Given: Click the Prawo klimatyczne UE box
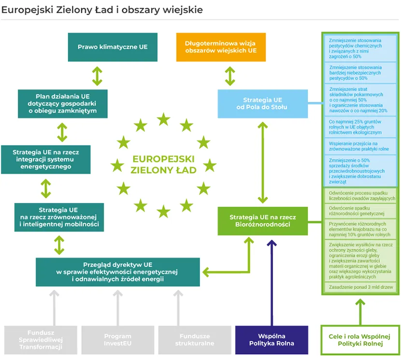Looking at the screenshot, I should click(113, 47).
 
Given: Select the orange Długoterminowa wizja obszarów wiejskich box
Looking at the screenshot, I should click(221, 47).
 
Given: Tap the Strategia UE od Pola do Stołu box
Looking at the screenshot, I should click(262, 103).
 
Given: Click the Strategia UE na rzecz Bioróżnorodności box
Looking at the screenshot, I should click(262, 221).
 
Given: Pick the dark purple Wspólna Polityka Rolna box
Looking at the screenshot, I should click(271, 340).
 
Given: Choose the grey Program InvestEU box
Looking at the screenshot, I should click(117, 340).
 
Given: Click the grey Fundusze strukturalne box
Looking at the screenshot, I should click(194, 340).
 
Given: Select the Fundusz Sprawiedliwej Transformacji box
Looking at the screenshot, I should click(40, 340).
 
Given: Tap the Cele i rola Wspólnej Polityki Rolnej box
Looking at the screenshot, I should click(359, 340).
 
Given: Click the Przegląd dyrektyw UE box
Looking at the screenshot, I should click(117, 272).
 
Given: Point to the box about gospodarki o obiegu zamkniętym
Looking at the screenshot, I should click(62, 103).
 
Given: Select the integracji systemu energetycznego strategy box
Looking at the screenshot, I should click(46, 159).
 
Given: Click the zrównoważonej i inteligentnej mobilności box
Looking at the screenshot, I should click(59, 217).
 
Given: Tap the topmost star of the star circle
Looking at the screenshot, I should click(164, 118).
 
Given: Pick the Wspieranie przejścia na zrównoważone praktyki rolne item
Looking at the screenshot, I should click(359, 146).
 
